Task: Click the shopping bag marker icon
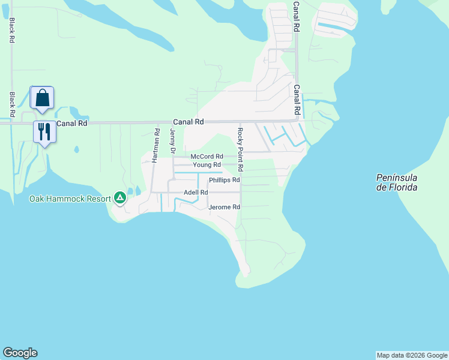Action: pyautogui.click(x=42, y=97)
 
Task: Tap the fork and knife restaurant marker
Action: pyautogui.click(x=44, y=131)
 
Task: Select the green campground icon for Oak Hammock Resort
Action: pyautogui.click(x=120, y=197)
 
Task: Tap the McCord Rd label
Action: pyautogui.click(x=206, y=157)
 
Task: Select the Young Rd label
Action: pyautogui.click(x=207, y=165)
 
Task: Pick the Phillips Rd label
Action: pyautogui.click(x=224, y=180)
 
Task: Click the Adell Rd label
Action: pyautogui.click(x=196, y=192)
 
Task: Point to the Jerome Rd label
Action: pyautogui.click(x=224, y=207)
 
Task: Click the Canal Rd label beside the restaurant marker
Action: pyautogui.click(x=72, y=123)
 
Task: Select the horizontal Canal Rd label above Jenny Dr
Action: pyautogui.click(x=188, y=121)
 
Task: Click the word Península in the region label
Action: pyautogui.click(x=396, y=178)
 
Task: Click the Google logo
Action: pyautogui.click(x=20, y=353)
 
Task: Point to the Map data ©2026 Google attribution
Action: pyautogui.click(x=412, y=355)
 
